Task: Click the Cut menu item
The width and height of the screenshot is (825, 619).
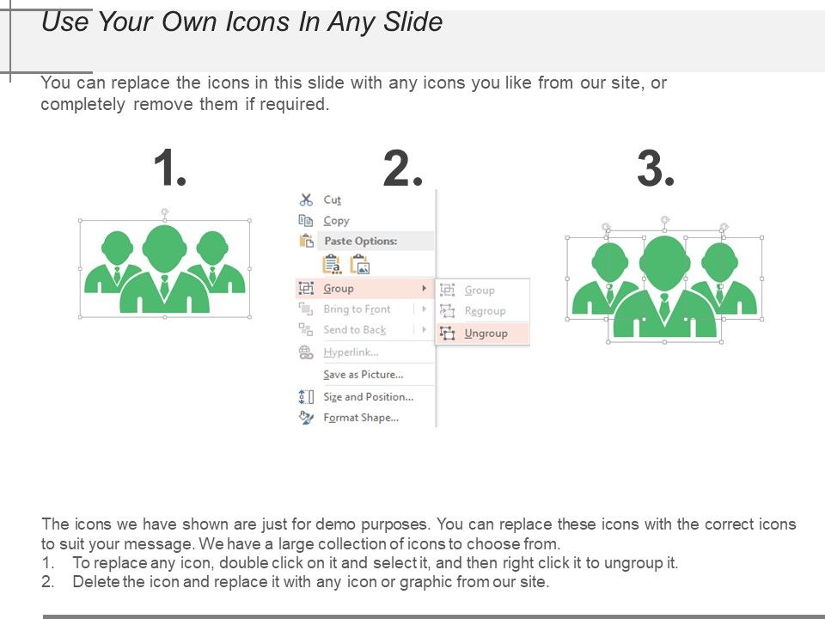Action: pos(332,200)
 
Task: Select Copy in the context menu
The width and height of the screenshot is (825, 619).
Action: pos(336,221)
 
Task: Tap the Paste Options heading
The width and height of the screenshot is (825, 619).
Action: pos(360,241)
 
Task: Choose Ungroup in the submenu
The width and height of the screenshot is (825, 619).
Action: pos(486,334)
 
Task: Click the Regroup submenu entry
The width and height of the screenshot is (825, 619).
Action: pos(485,311)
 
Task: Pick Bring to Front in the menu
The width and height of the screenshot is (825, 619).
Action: pos(357,309)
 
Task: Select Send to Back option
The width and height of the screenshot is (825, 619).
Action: pos(355,330)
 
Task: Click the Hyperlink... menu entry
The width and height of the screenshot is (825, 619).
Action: pos(351,352)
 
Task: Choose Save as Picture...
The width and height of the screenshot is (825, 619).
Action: pos(363,375)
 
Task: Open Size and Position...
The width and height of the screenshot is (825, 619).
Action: pos(369,397)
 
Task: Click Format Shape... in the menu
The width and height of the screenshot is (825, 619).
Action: pos(361,418)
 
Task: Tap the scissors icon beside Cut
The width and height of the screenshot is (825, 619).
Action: pos(306,200)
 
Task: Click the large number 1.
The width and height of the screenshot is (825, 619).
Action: pos(170,168)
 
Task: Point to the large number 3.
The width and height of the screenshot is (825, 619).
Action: pos(656,168)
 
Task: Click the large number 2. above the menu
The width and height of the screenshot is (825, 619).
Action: pos(403,168)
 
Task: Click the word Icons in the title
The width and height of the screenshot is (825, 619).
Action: pos(258,22)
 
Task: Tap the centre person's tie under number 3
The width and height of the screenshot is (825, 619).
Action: pos(664,307)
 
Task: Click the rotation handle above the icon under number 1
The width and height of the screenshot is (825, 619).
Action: pos(165,212)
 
